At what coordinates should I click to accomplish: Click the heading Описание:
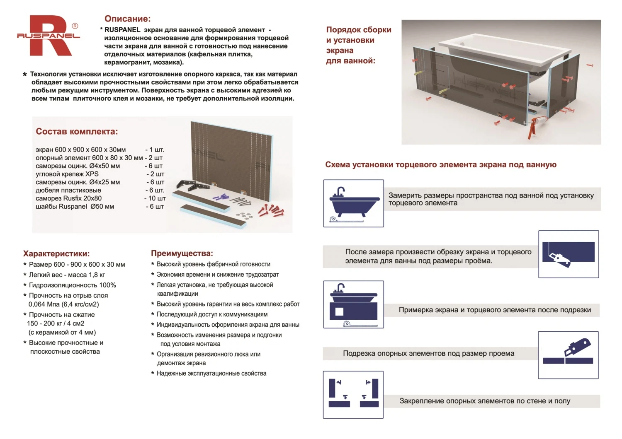pos(127,19)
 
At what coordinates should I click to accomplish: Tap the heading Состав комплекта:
pos(77,132)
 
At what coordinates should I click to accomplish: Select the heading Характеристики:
pos(56,254)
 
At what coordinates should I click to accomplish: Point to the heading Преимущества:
pos(182,253)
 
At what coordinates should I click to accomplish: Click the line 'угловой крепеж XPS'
pos(67,174)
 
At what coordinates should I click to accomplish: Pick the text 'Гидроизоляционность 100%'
pos(72,285)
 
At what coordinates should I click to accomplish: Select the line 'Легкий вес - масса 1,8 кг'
pos(67,275)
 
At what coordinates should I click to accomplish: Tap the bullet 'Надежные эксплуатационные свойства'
pos(211,374)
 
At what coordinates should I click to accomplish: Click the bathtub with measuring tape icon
pos(353,203)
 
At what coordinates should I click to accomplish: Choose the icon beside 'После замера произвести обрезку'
pos(568,254)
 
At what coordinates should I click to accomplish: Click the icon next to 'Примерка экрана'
pos(353,304)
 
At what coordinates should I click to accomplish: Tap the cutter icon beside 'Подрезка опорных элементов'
pos(568,355)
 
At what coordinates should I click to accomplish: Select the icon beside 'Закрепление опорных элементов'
pos(353,395)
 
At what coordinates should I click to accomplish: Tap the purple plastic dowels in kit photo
pos(220,197)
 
